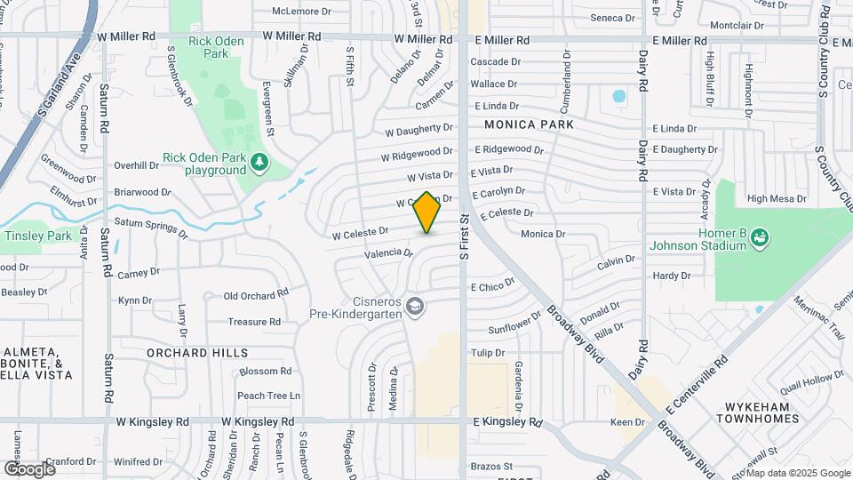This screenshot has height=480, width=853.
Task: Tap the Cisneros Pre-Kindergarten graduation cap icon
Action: pyautogui.click(x=414, y=307)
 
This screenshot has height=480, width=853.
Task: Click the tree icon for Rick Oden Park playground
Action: pyautogui.click(x=259, y=162)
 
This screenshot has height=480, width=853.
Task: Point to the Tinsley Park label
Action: pyautogui.click(x=38, y=236)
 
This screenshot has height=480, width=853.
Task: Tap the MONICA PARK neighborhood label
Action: pyautogui.click(x=529, y=125)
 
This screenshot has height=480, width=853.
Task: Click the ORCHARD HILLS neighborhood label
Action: pyautogui.click(x=197, y=353)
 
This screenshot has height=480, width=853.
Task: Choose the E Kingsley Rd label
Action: pyautogui.click(x=506, y=421)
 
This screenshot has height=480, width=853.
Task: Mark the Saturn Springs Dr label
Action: pyautogui.click(x=150, y=228)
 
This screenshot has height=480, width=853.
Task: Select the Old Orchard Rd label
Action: pyautogui.click(x=256, y=295)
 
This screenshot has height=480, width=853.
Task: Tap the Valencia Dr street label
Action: pyautogui.click(x=388, y=253)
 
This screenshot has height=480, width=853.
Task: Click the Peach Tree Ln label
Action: pyautogui.click(x=269, y=396)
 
